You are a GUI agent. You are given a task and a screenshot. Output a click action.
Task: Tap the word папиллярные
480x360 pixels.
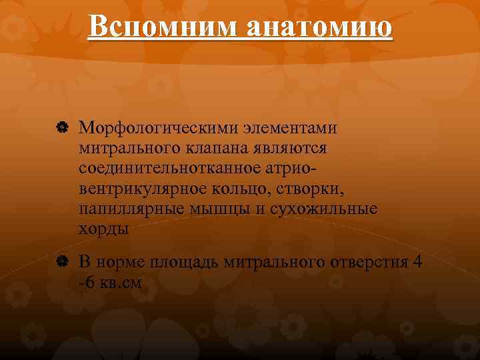click(x=126, y=209)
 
